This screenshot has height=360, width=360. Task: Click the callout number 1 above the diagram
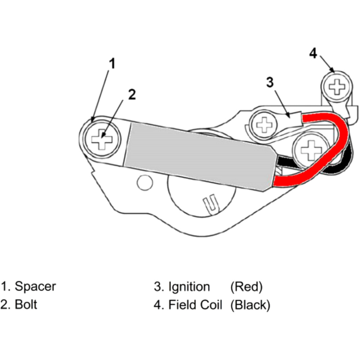[112, 64]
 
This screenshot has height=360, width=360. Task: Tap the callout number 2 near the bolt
[132, 94]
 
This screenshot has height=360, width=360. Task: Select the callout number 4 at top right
[313, 54]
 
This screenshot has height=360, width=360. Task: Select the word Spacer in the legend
[35, 287]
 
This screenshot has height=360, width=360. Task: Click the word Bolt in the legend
[26, 305]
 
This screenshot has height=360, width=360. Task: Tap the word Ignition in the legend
[189, 287]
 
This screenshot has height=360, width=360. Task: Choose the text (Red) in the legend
[247, 287]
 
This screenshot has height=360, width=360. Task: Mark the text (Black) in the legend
[250, 305]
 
